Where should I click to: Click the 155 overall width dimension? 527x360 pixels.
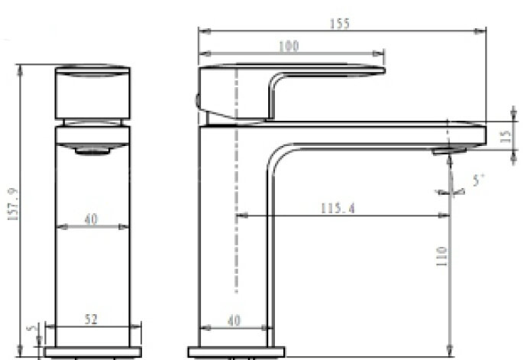pyautogui.click(x=340, y=23)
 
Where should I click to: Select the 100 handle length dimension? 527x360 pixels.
pyautogui.click(x=289, y=46)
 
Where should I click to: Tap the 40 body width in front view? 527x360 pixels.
pyautogui.click(x=92, y=219)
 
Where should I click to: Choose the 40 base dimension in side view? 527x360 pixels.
pyautogui.click(x=234, y=322)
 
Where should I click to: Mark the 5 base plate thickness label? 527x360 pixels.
pyautogui.click(x=31, y=329)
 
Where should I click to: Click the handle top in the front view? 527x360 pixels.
pyautogui.click(x=92, y=92)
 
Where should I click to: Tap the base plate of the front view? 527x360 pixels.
pyautogui.click(x=92, y=352)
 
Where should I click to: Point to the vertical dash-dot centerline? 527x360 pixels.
pyautogui.click(x=238, y=191)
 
